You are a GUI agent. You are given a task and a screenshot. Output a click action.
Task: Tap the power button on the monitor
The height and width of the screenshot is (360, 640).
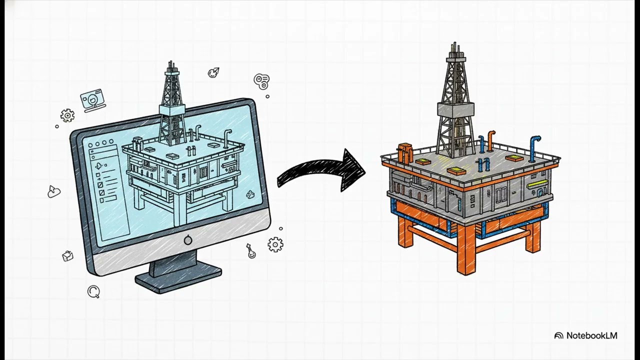click(x=188, y=240)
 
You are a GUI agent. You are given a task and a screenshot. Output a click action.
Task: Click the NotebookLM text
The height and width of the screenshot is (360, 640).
click(x=592, y=335)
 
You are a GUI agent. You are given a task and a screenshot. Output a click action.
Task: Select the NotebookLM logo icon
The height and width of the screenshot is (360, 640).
click(x=559, y=335)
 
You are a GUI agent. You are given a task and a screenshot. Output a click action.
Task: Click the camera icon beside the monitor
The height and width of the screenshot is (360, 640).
click(x=92, y=100)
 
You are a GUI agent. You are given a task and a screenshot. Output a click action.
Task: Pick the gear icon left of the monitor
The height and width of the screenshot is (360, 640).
click(x=67, y=115)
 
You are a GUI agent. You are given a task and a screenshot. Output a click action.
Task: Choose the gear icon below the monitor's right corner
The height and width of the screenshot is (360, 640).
click(x=275, y=244)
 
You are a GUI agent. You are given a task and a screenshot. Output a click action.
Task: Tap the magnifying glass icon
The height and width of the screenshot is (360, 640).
click(x=93, y=291)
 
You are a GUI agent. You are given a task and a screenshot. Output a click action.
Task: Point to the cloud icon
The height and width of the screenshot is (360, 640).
click(x=53, y=192)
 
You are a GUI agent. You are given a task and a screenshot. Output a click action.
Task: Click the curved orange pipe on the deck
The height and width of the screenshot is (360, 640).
click(x=491, y=140)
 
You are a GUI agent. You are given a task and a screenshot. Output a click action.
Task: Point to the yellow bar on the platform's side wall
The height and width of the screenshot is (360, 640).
click(x=537, y=184)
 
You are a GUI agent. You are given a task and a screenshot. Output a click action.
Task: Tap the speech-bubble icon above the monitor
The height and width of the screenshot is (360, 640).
click(x=261, y=80)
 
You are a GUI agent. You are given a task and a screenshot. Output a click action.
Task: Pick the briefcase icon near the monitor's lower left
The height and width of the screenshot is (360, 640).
click(x=67, y=256)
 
